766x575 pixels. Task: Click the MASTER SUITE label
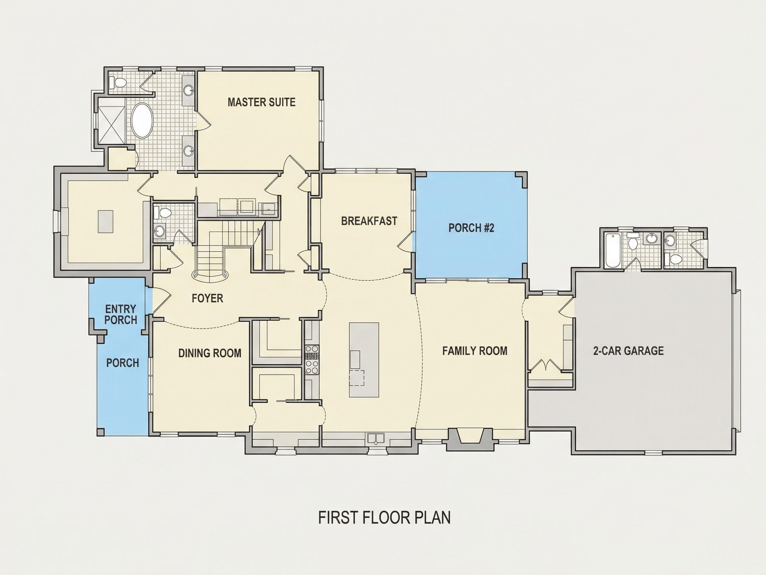tap(261, 102)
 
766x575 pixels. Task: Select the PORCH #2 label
tap(471, 228)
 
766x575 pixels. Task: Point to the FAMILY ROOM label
tap(475, 351)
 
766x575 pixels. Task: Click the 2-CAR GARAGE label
tap(628, 351)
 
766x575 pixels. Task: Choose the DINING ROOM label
tap(210, 353)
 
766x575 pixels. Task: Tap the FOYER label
tap(207, 298)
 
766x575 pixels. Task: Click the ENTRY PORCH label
tap(121, 314)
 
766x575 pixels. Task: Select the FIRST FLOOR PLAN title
tap(384, 517)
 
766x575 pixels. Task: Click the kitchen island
tap(364, 360)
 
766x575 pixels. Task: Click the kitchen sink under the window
tap(376, 439)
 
